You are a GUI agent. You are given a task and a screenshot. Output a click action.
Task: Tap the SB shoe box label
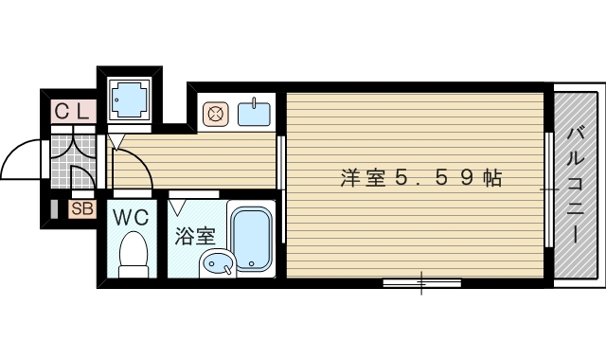tap(81, 209)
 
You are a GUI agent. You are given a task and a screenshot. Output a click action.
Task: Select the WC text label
tap(132, 217)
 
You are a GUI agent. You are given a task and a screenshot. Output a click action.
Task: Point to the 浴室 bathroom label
tap(194, 235)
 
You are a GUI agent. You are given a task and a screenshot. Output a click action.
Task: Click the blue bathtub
tap(252, 238)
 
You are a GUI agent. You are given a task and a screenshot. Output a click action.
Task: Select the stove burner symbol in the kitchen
tap(215, 115)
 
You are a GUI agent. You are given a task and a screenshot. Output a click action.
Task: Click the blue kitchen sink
tap(254, 114)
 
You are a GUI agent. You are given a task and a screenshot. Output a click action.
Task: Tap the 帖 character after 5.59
tap(490, 177)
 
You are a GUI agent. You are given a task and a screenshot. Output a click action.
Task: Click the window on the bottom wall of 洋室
tap(421, 282)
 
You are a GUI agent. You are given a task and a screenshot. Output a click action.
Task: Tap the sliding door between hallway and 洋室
tap(280, 163)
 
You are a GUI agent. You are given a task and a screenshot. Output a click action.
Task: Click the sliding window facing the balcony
tap(549, 189)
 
